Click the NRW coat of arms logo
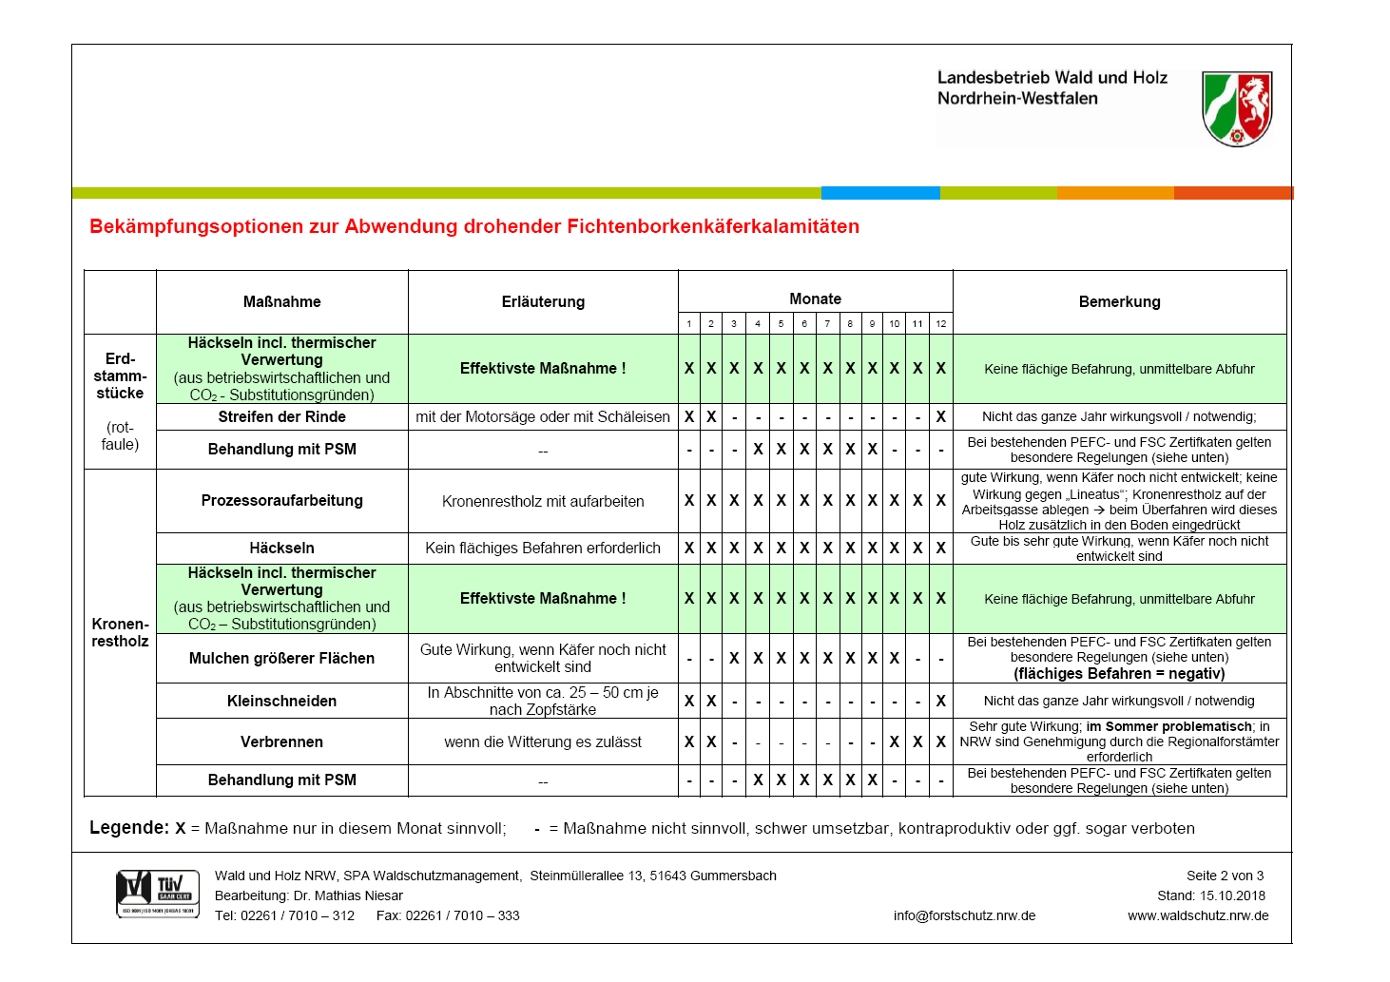click(1237, 108)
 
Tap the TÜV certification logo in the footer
click(158, 894)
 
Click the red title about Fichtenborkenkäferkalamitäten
click(474, 226)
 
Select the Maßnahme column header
click(282, 301)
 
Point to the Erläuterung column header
click(543, 301)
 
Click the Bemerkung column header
click(1119, 301)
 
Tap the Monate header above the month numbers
click(815, 298)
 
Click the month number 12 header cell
click(940, 323)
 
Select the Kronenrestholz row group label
click(120, 632)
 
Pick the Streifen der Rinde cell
click(282, 416)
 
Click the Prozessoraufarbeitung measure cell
click(282, 500)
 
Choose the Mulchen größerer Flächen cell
click(282, 658)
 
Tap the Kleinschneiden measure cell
click(282, 701)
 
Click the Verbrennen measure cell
click(282, 741)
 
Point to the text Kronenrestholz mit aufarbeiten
click(543, 501)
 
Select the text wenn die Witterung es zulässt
click(543, 741)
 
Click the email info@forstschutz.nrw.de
click(964, 915)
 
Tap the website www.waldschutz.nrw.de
click(1198, 915)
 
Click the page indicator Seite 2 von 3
click(1225, 876)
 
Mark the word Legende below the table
click(128, 827)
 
